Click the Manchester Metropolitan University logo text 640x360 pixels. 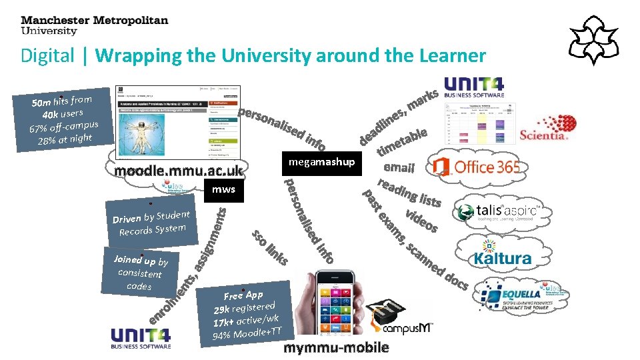click(x=94, y=25)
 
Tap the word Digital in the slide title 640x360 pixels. click(x=47, y=55)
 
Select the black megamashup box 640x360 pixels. click(x=322, y=162)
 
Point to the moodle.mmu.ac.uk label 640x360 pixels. click(x=179, y=172)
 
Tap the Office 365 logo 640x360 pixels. click(x=475, y=167)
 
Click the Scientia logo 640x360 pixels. click(x=547, y=127)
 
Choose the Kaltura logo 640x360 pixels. click(x=503, y=257)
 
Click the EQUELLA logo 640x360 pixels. click(x=523, y=298)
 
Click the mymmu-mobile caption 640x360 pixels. click(x=337, y=349)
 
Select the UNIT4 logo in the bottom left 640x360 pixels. click(x=141, y=338)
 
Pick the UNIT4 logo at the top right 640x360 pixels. click(x=474, y=87)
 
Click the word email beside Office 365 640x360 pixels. click(x=399, y=168)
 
